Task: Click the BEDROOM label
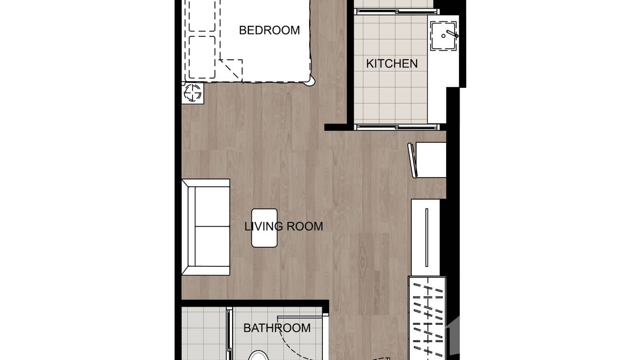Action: [x=269, y=31]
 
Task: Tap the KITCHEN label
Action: [x=392, y=64]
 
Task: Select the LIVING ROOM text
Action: [x=284, y=226]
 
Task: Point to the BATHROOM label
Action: [x=277, y=328]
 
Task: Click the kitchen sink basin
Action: [x=443, y=36]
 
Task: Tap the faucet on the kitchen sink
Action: [x=450, y=34]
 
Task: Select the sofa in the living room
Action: [x=206, y=227]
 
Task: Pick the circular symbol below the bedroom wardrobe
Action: [x=192, y=93]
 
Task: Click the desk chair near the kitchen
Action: [x=412, y=160]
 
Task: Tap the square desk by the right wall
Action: [x=431, y=160]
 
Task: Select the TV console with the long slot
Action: [x=426, y=237]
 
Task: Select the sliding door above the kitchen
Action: [x=396, y=11]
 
